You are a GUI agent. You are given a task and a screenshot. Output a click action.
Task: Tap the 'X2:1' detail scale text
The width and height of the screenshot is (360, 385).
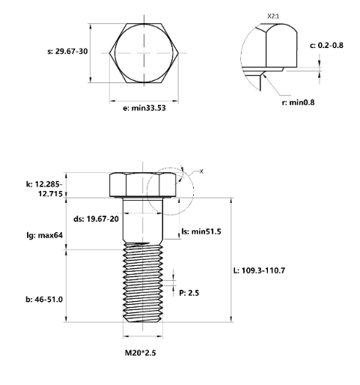[x=274, y=14]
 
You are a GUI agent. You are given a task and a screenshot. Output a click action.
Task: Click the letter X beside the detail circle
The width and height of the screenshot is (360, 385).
[x=200, y=172]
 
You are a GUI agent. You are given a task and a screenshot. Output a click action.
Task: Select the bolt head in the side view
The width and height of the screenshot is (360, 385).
[x=143, y=184]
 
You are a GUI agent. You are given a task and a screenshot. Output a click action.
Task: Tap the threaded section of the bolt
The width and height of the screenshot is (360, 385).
[x=141, y=285]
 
